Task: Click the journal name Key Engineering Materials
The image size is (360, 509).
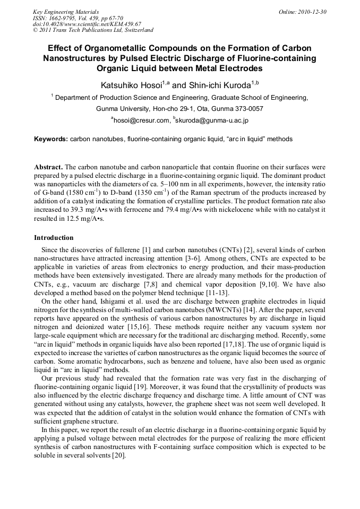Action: (65, 11)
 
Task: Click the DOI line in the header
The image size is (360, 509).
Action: (87, 24)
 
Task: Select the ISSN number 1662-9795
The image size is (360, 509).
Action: (66, 18)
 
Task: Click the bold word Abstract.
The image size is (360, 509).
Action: (49, 166)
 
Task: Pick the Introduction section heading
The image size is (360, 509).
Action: (54, 237)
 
